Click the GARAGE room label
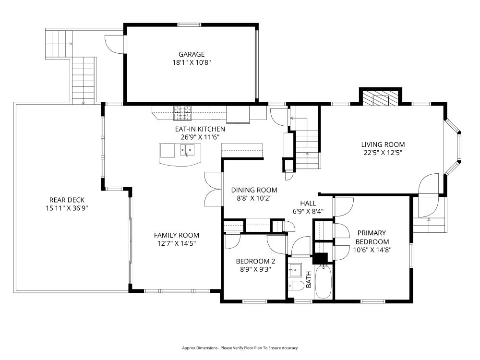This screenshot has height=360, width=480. [x=192, y=55]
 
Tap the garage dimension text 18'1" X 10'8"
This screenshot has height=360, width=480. [x=192, y=63]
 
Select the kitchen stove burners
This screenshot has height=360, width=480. [x=182, y=113]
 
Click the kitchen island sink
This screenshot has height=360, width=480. [x=187, y=150]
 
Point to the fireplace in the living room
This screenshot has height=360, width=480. [x=380, y=98]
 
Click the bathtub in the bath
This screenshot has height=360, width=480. [x=324, y=282]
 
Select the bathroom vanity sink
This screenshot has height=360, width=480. [x=295, y=270]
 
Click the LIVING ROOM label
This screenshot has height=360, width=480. [x=383, y=144]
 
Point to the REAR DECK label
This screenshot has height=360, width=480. [x=67, y=200]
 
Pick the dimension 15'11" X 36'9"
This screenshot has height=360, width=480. [x=67, y=208]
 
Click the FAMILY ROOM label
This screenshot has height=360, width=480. [x=177, y=235]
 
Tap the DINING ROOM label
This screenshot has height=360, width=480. [x=254, y=190]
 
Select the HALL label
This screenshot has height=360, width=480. [x=308, y=203]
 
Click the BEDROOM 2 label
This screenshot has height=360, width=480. [x=256, y=262]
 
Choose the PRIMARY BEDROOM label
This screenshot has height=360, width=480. [x=372, y=237]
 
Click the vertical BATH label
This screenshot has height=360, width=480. [x=309, y=279]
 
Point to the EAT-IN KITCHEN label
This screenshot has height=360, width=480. [x=200, y=129]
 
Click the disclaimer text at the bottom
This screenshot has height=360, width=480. [x=240, y=348]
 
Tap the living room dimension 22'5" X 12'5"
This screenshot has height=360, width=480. [x=383, y=153]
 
